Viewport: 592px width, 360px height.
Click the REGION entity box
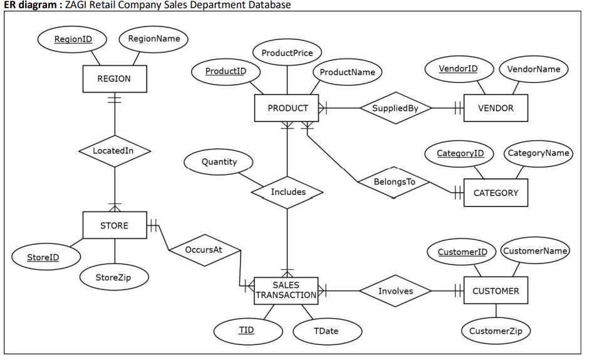(x=114, y=79)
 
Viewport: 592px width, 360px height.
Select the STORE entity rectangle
(x=114, y=225)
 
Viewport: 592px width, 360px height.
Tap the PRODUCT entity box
(x=287, y=108)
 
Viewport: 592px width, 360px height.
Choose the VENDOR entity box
(x=495, y=108)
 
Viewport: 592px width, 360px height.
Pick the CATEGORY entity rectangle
(x=495, y=192)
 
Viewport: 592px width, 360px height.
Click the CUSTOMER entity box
(x=495, y=291)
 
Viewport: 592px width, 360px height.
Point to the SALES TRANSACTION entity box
(x=286, y=291)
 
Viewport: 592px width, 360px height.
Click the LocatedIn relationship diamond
(x=114, y=151)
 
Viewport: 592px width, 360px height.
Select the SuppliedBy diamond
(x=395, y=108)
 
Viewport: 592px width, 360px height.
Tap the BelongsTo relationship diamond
(x=394, y=182)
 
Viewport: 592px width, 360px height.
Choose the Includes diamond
(x=288, y=192)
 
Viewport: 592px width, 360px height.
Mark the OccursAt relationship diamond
(x=204, y=250)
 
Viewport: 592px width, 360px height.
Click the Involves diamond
(x=395, y=291)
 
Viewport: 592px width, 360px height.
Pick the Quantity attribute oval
(x=219, y=162)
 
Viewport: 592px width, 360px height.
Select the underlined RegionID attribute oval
(x=73, y=39)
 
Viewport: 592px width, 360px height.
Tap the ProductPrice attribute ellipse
(x=287, y=53)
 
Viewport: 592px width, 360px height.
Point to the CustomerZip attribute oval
(x=495, y=331)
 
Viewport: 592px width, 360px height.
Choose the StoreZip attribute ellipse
(x=113, y=276)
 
